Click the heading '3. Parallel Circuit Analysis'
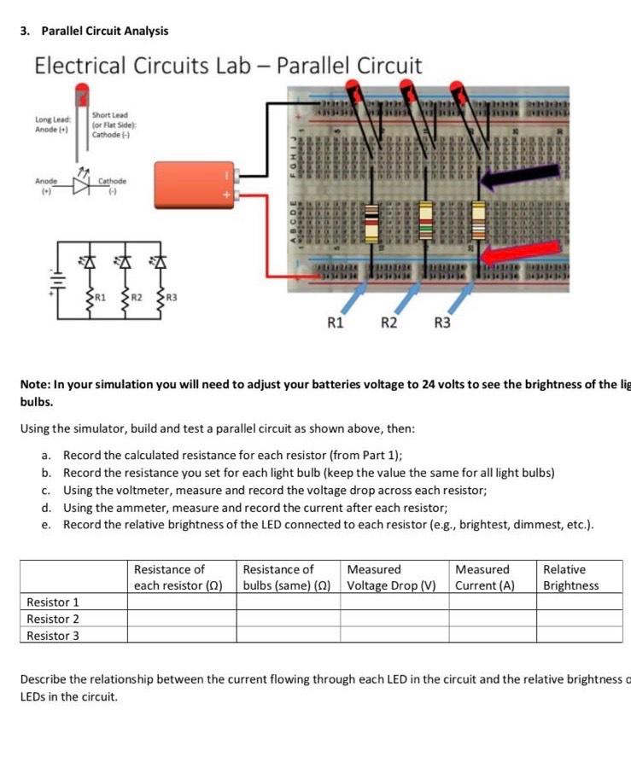point(94,31)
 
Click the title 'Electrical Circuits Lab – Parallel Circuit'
point(228,66)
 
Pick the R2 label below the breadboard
point(389,323)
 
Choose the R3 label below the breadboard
point(442,323)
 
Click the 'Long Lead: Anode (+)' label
point(54,125)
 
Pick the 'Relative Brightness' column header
point(570,577)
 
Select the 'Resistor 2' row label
point(53,619)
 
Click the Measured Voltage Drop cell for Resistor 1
point(394,602)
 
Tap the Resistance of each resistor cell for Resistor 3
point(181,636)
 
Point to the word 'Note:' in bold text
point(35,385)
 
